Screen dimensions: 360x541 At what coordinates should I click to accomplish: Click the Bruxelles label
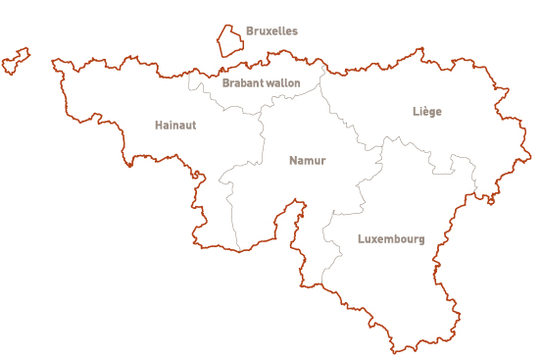[271, 31]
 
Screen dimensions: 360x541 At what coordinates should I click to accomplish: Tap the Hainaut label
[175, 126]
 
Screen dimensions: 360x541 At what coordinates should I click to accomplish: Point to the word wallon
[284, 83]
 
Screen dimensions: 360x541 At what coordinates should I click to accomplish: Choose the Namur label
[307, 160]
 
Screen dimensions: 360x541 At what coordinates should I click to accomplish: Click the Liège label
[427, 112]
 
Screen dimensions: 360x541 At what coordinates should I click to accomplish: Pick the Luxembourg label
[391, 239]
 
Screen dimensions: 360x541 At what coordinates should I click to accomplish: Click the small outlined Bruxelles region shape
[230, 41]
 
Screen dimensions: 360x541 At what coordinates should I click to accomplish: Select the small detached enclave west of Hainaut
[15, 61]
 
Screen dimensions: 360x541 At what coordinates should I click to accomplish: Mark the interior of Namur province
[284, 186]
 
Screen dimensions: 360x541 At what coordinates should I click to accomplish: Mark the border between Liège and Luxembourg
[431, 157]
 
